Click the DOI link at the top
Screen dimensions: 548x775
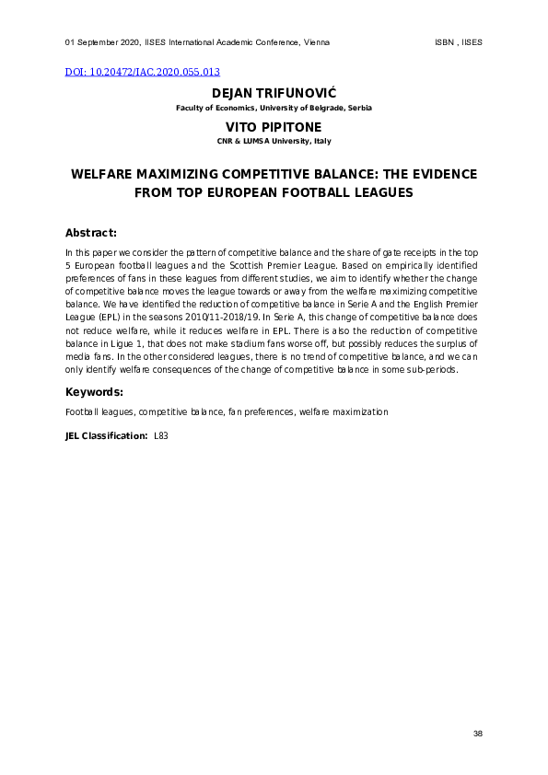click(x=143, y=72)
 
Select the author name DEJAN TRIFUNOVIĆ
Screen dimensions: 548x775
click(x=274, y=94)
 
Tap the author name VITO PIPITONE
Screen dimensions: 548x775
click(x=274, y=127)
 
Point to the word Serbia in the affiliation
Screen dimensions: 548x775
click(x=358, y=109)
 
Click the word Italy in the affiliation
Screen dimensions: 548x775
click(x=322, y=141)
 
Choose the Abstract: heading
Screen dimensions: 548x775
click(x=91, y=233)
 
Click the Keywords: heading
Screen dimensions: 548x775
click(x=95, y=392)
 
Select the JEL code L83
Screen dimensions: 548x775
click(x=161, y=434)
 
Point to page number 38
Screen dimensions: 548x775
click(x=477, y=733)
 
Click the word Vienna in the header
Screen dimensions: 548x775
click(x=315, y=43)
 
